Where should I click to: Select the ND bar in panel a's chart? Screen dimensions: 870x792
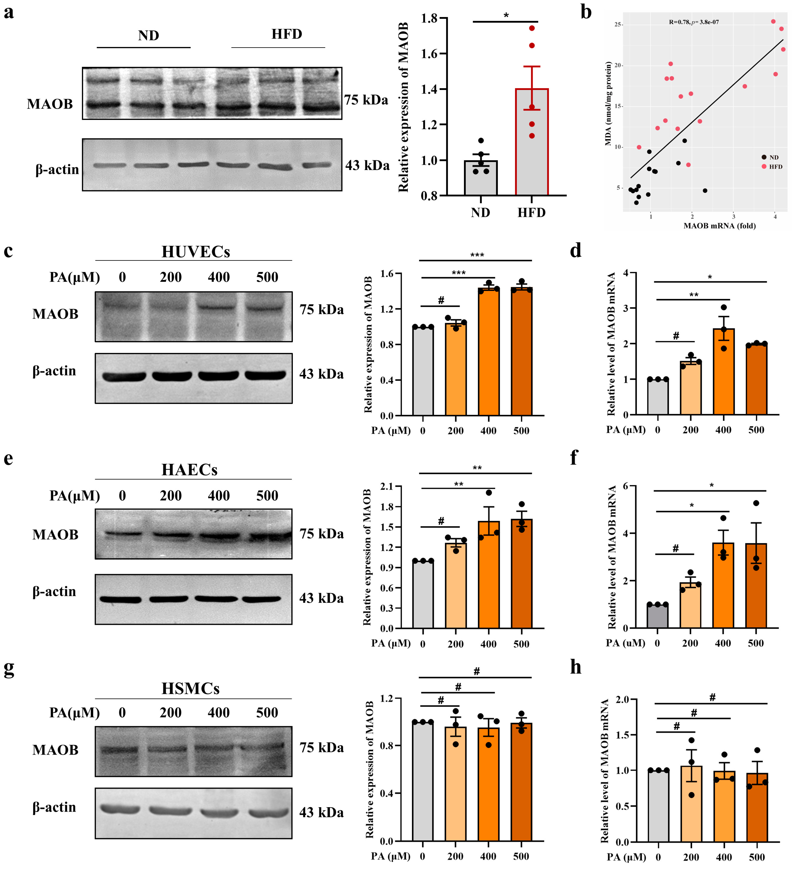(480, 178)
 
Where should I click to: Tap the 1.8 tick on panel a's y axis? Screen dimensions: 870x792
(429, 18)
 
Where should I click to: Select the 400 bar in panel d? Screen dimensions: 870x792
(723, 371)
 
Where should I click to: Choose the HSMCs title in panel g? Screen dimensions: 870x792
(190, 688)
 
